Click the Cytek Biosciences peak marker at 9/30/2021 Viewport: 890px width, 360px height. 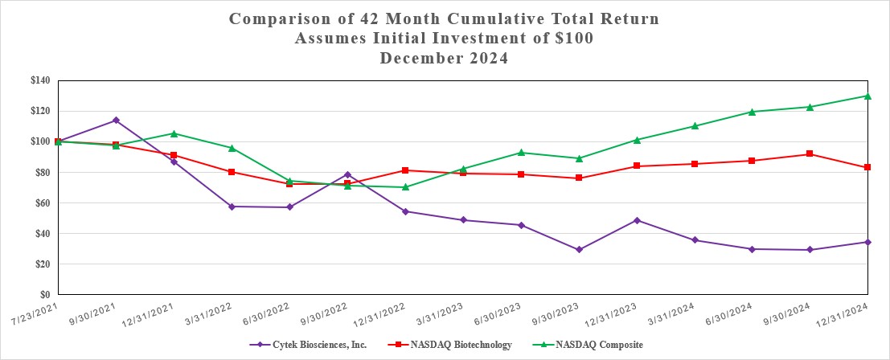click(x=116, y=121)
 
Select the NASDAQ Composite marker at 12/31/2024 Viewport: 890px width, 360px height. click(x=867, y=96)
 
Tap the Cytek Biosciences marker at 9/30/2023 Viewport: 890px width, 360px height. click(x=579, y=250)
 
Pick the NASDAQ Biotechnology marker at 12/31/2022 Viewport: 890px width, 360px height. click(x=405, y=170)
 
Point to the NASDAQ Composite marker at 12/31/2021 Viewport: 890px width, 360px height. click(x=174, y=133)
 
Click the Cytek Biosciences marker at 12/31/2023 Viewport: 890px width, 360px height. click(x=637, y=220)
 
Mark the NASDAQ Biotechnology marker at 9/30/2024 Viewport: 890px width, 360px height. click(x=810, y=154)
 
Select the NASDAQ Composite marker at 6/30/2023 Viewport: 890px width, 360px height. click(x=521, y=153)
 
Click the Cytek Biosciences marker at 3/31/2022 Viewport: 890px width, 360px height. click(x=232, y=207)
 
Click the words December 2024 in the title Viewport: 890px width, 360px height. click(x=445, y=59)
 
